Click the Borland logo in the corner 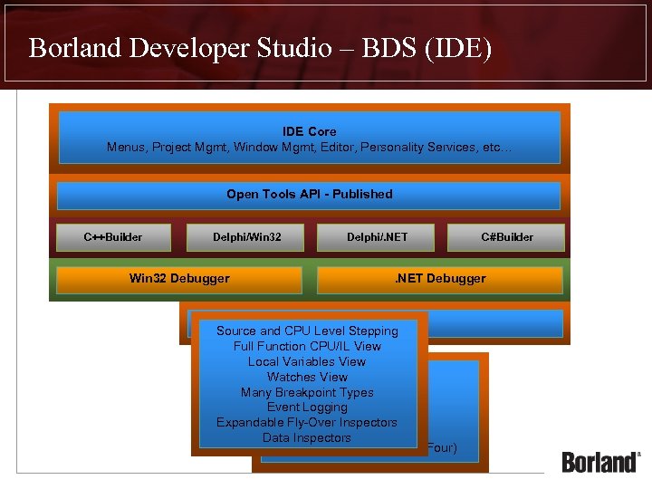pos(600,461)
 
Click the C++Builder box pos(113,237)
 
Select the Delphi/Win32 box pos(246,237)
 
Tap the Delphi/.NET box pos(377,237)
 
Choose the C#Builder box pos(506,237)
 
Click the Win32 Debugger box pos(179,279)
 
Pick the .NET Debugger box pos(440,279)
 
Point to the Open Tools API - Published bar pos(309,195)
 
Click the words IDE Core pos(309,132)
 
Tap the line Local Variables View pos(307,361)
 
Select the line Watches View pos(307,377)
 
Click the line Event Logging pos(307,407)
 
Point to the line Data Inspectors pos(307,438)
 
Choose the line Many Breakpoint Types pos(307,392)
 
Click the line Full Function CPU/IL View pos(307,346)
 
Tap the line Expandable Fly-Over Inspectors pos(307,423)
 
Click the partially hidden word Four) pos(441,448)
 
